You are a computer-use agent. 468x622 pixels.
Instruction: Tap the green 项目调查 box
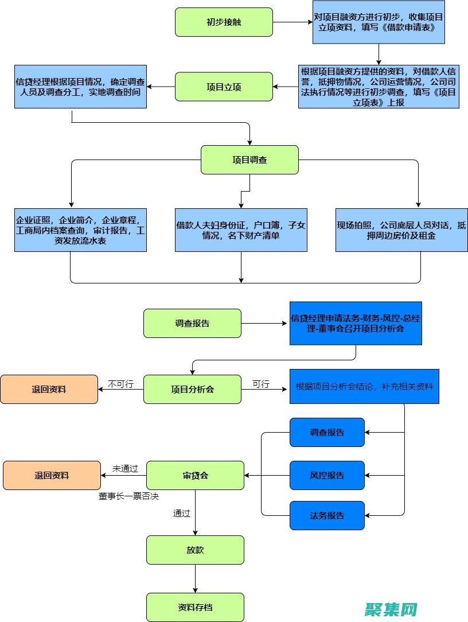point(249,160)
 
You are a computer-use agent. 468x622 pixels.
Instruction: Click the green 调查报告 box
point(192,323)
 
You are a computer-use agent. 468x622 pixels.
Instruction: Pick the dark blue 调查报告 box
point(327,432)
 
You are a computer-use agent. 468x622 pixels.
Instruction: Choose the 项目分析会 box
point(192,389)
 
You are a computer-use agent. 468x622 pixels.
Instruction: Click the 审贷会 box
point(195,475)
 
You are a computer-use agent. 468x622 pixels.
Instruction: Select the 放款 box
point(195,550)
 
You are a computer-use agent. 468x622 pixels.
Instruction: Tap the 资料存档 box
point(195,607)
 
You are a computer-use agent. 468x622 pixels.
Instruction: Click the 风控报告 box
point(327,475)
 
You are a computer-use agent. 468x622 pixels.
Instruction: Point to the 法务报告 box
point(327,515)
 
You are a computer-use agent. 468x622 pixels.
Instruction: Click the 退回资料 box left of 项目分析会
point(49,389)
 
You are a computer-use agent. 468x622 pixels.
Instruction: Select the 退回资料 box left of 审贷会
point(52,475)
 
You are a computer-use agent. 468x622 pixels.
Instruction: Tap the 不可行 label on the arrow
point(120,384)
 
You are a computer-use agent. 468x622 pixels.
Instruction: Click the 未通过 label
point(125,468)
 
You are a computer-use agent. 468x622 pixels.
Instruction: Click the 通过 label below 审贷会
point(181,513)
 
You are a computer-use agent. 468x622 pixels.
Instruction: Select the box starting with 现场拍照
point(401,230)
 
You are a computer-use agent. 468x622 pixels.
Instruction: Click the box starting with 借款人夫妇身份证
point(241,230)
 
